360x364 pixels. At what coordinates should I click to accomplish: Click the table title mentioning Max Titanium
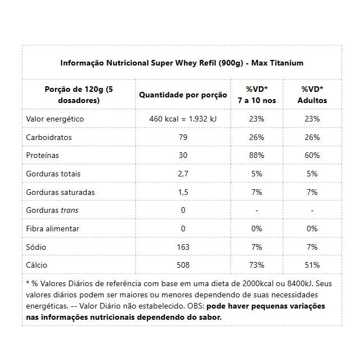point(182,63)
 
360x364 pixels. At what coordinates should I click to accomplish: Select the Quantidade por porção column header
point(183,95)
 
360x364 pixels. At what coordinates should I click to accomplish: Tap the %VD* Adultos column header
point(312,95)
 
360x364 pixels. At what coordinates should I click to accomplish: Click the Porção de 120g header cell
point(78,95)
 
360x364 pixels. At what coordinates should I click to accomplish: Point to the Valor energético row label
point(55,119)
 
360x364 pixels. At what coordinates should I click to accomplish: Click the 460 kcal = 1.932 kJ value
point(183,119)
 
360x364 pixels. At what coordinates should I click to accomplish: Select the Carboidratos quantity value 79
point(183,137)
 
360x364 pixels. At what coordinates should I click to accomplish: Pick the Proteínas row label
point(43,155)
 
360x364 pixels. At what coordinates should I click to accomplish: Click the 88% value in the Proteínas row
point(257,155)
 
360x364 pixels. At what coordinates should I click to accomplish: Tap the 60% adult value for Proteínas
point(312,155)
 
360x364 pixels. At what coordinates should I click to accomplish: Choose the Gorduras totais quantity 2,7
point(183,174)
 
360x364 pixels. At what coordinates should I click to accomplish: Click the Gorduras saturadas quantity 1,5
point(183,192)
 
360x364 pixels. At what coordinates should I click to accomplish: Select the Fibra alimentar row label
point(53,228)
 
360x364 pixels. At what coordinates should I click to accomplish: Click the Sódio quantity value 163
point(183,246)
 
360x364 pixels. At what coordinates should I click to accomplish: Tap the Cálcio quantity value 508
point(183,265)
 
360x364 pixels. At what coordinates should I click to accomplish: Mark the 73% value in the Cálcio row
point(257,265)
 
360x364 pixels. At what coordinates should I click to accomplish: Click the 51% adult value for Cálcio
point(312,265)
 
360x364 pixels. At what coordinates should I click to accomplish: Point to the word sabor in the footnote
point(210,317)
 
